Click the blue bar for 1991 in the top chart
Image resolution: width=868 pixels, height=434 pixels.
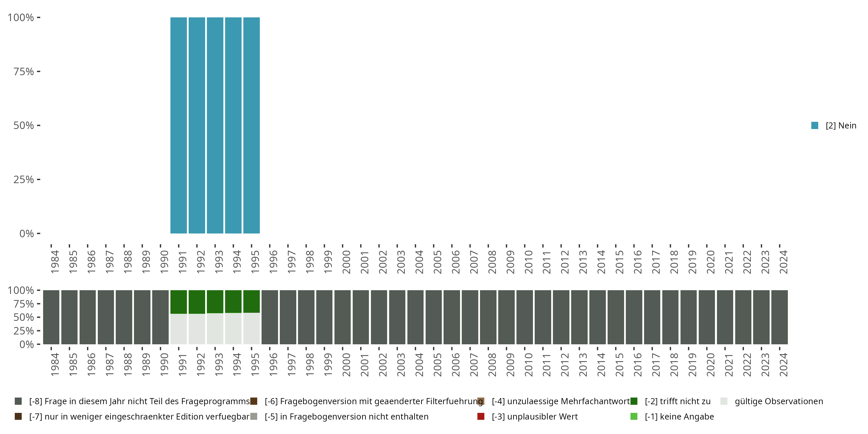pyautogui.click(x=179, y=125)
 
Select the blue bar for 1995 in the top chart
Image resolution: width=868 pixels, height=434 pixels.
pyautogui.click(x=251, y=125)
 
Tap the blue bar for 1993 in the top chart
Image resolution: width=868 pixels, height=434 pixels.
pyautogui.click(x=215, y=125)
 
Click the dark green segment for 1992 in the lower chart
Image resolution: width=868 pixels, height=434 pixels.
pyautogui.click(x=197, y=302)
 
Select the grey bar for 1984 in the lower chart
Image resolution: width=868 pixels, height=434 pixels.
pyautogui.click(x=51, y=317)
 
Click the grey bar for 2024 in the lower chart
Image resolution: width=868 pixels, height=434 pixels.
pyautogui.click(x=779, y=317)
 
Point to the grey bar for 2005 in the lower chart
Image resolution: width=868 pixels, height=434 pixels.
pyautogui.click(x=434, y=317)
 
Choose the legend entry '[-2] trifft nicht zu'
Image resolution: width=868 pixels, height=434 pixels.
pyautogui.click(x=677, y=401)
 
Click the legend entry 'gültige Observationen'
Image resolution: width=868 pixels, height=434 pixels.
pyautogui.click(x=778, y=401)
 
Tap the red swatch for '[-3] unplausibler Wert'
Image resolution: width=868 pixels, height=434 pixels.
pyautogui.click(x=481, y=416)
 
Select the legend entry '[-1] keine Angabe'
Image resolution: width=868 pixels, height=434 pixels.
pyautogui.click(x=679, y=416)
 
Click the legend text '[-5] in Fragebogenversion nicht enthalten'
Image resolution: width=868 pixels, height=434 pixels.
pyautogui.click(x=346, y=416)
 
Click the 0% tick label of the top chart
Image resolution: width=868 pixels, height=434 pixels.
pyautogui.click(x=27, y=233)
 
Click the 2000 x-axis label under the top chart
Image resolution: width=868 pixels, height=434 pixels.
pyautogui.click(x=346, y=262)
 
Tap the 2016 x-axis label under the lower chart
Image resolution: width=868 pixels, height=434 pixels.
pyautogui.click(x=637, y=365)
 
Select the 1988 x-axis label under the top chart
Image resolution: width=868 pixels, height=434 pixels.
pyautogui.click(x=128, y=262)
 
